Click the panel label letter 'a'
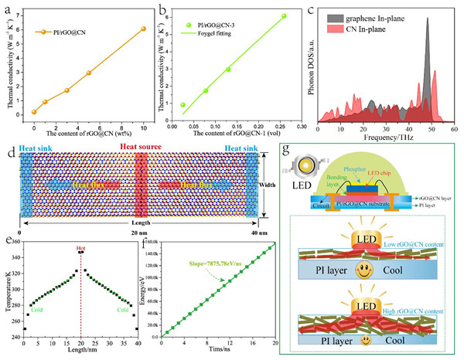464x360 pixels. click(9, 7)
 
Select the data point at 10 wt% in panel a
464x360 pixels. click(143, 29)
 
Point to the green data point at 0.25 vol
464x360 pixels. click(285, 16)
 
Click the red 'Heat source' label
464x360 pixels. click(142, 146)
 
